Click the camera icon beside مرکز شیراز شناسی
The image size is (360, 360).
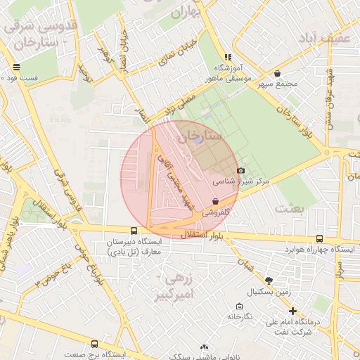tap(240, 170)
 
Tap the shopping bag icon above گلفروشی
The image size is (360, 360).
tap(214, 201)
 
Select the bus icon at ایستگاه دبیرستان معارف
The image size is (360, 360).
tap(134, 231)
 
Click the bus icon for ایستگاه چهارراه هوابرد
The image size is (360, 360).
tap(320, 239)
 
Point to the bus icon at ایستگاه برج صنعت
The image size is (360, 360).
tap(95, 344)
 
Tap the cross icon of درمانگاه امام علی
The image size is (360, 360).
tap(293, 310)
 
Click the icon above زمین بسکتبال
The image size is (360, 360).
tap(269, 280)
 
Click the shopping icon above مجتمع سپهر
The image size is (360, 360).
tap(277, 73)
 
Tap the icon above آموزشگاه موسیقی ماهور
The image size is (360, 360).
tap(227, 57)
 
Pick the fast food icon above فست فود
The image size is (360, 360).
tap(15, 67)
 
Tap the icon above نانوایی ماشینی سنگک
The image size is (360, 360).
tap(205, 347)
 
